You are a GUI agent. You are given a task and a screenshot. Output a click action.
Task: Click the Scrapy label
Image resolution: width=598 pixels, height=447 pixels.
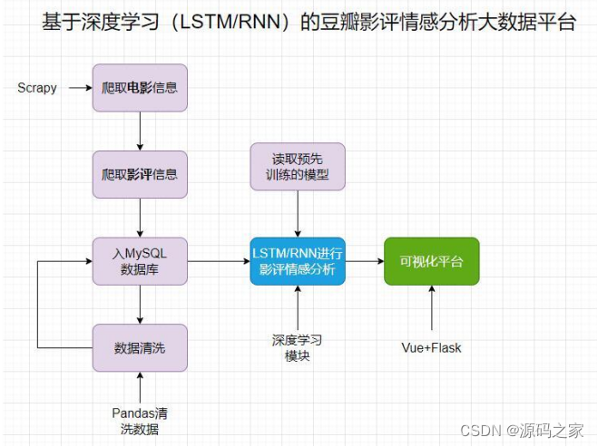click(37, 88)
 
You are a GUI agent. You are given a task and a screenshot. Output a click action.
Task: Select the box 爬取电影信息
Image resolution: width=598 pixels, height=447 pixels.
click(140, 88)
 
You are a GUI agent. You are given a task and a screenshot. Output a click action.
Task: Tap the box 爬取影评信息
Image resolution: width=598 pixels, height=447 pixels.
click(140, 174)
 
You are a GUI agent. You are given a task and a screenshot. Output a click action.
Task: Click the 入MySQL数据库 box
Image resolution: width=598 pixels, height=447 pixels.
click(140, 261)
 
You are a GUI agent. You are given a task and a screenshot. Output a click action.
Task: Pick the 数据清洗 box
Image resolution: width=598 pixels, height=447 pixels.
click(140, 347)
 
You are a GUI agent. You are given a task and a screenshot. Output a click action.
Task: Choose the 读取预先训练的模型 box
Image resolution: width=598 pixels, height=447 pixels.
click(298, 166)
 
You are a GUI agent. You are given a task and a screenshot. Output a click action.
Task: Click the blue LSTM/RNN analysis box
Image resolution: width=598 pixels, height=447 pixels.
click(298, 261)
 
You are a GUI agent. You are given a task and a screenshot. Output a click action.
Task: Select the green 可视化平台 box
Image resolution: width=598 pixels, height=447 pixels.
click(431, 261)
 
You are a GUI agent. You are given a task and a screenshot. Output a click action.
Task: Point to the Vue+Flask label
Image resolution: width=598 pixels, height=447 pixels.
click(431, 347)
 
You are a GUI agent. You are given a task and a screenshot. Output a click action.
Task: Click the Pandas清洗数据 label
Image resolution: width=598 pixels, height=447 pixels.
click(140, 422)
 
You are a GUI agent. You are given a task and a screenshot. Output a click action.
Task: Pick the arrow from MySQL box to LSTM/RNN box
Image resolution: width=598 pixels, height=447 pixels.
click(218, 261)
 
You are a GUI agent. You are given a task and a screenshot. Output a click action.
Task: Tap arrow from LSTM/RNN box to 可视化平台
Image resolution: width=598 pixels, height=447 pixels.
click(364, 261)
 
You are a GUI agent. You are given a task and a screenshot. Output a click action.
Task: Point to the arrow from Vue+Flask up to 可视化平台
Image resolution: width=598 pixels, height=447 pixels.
click(431, 308)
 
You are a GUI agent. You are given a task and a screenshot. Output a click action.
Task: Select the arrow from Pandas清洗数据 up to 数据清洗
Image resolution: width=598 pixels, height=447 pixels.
click(140, 388)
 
